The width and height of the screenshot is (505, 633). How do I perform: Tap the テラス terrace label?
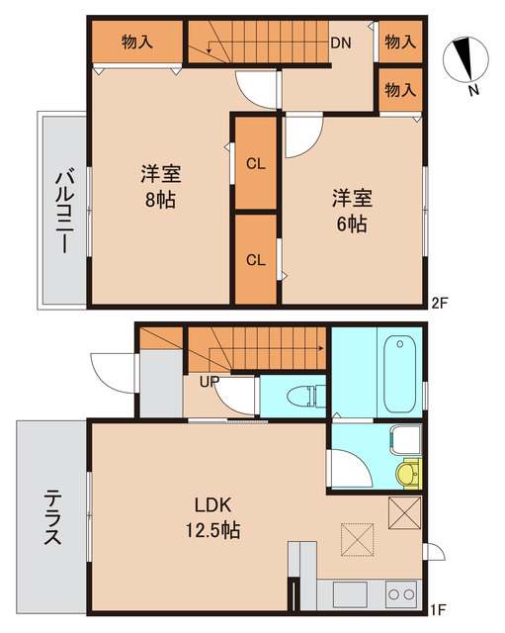pyautogui.click(x=52, y=519)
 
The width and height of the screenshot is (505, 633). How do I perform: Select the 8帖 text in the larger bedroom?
pyautogui.click(x=159, y=198)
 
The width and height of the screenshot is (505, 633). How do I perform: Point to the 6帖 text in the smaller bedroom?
pyautogui.click(x=352, y=224)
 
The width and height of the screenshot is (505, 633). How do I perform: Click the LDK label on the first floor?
pyautogui.click(x=210, y=505)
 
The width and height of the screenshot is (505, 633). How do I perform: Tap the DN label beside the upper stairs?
pyautogui.click(x=341, y=43)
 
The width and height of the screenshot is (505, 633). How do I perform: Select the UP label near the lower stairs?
pyautogui.click(x=210, y=381)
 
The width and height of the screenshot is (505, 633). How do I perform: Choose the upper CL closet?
pyautogui.click(x=255, y=164)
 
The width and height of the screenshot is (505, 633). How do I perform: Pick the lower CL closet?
pyautogui.click(x=255, y=260)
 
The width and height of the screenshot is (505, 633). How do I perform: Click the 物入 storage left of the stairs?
pyautogui.click(x=136, y=42)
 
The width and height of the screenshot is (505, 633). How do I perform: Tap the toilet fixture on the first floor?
pyautogui.click(x=301, y=397)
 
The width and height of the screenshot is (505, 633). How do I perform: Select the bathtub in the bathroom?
pyautogui.click(x=399, y=374)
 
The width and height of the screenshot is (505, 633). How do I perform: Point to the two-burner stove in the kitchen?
pyautogui.click(x=399, y=594)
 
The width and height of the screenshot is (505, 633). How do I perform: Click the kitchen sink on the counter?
pyautogui.click(x=349, y=594)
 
